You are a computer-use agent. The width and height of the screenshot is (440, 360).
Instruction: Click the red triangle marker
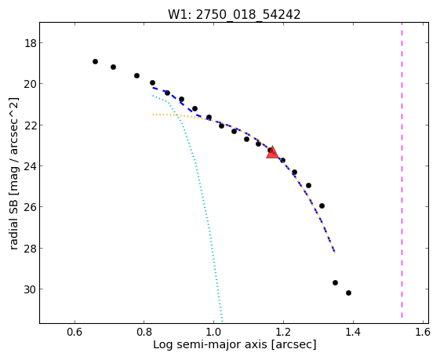point(272,152)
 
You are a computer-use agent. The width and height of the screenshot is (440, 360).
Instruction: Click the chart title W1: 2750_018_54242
point(234,15)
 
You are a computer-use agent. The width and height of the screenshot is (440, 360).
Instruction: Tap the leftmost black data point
point(95,61)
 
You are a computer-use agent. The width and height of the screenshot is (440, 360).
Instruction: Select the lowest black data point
point(348,293)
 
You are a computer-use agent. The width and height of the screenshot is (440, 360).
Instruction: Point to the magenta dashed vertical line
point(402,170)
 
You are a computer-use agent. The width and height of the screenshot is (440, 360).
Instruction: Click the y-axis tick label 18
point(30,43)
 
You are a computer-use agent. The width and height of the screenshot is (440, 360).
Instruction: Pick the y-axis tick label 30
point(30,289)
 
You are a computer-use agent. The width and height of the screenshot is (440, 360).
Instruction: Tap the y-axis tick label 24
point(30,166)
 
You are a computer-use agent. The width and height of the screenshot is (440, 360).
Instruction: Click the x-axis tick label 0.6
point(75,333)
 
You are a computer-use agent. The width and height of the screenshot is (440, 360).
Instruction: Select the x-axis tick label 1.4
point(353,333)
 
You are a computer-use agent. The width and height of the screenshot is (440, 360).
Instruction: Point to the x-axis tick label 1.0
point(213,333)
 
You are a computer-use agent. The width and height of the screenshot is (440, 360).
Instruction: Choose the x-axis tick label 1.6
point(422,333)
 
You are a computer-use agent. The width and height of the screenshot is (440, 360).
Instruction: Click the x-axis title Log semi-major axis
point(210,344)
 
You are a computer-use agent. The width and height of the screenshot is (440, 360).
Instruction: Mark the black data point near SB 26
point(322,206)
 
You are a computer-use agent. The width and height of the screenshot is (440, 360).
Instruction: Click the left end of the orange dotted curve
point(153,115)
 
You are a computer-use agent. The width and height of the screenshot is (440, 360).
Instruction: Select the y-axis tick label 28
point(30,249)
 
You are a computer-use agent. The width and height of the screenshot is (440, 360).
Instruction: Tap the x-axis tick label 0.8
point(144,333)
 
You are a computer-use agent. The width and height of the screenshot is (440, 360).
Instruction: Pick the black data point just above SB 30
point(335,282)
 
